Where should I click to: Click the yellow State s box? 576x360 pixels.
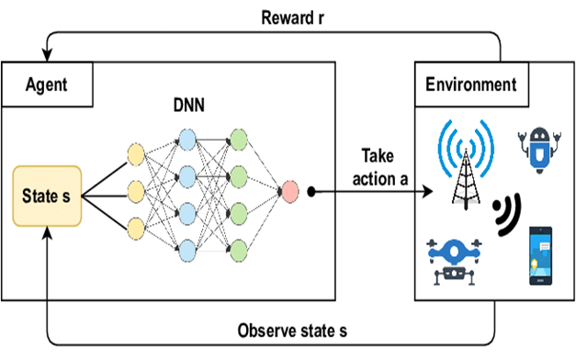point(47,195)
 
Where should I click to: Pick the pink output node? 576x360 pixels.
point(289,192)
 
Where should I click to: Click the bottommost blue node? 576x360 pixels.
point(188,246)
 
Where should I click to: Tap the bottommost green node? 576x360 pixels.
point(240,246)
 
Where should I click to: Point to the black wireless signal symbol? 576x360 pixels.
point(504,213)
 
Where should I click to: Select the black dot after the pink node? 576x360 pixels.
point(312,192)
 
